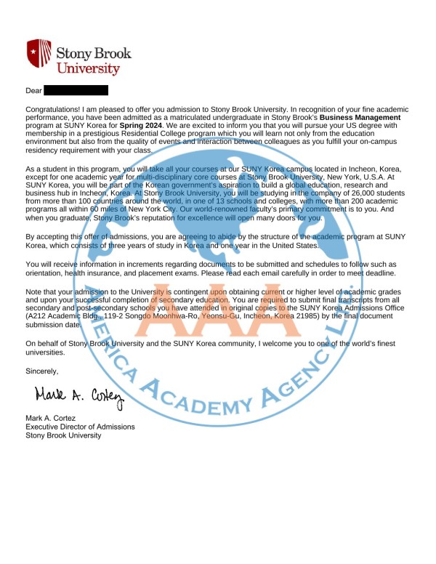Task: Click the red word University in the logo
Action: [x=88, y=68]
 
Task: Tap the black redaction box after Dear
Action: [x=76, y=90]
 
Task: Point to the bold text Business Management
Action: [x=360, y=116]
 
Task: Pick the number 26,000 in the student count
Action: [x=332, y=193]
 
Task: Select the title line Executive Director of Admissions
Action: [x=80, y=427]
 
